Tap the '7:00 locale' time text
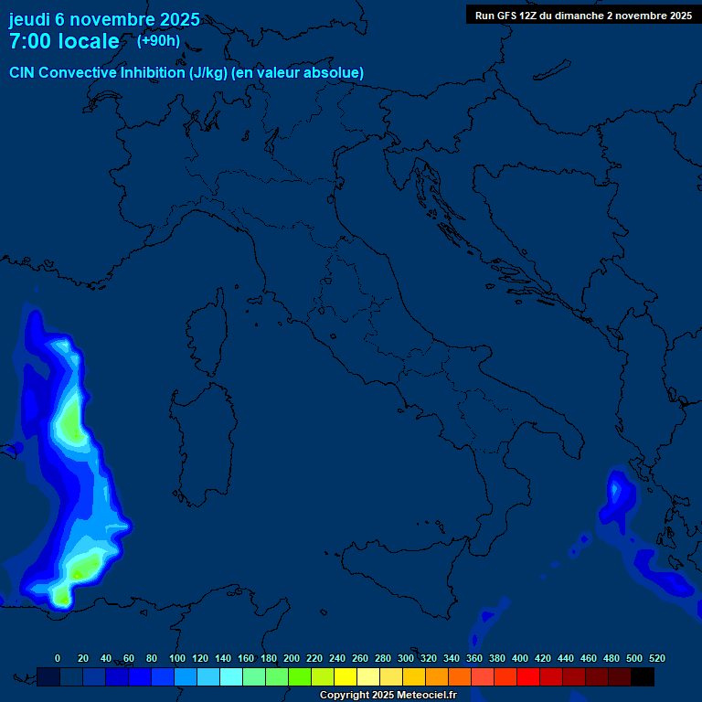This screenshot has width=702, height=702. point(64,41)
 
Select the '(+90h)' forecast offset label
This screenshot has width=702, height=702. point(158,40)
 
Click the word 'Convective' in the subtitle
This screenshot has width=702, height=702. point(80,72)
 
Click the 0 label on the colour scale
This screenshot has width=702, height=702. point(58,658)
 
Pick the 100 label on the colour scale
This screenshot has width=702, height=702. point(177,658)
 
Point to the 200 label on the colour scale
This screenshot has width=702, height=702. point(292,658)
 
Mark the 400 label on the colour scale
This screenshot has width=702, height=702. point(520,658)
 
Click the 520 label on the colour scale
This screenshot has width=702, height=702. point(656,658)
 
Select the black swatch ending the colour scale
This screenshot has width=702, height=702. point(643,676)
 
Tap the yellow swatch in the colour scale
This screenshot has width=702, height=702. point(346,676)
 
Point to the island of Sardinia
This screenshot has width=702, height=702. point(197,430)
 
